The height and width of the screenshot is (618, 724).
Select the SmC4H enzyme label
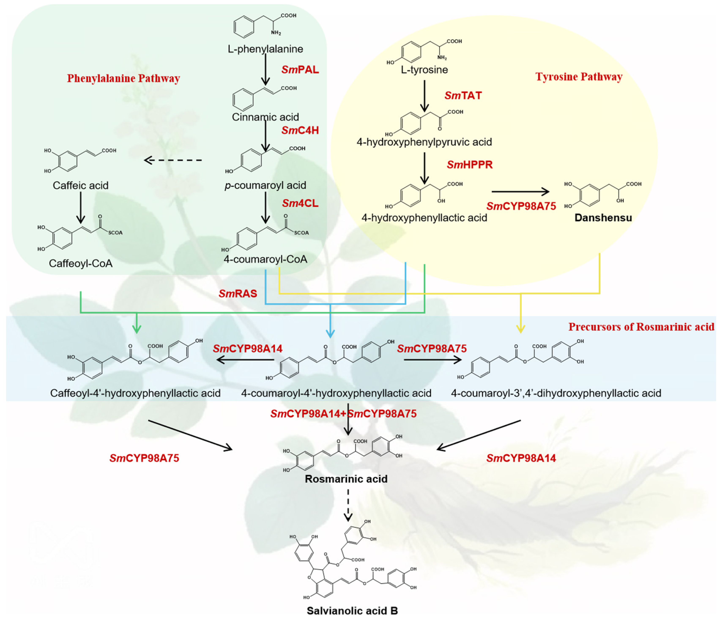point(300,130)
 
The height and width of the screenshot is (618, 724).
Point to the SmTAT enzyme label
point(463,95)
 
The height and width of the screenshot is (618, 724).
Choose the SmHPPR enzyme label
point(470,165)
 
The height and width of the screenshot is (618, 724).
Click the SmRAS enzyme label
point(238,294)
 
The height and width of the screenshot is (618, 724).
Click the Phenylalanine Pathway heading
point(123,78)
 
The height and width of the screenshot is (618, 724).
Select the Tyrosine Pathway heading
point(579,77)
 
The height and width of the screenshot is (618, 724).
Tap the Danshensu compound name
point(603,218)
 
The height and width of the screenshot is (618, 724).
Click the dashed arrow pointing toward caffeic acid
point(173,161)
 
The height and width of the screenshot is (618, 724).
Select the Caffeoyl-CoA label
point(81,263)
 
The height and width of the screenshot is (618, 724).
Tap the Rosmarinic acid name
point(346,479)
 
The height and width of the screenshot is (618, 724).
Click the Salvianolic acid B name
point(352,611)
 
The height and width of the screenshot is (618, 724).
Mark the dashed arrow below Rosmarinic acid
point(348,505)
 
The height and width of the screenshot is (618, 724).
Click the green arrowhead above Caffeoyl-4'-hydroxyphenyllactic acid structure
point(137,329)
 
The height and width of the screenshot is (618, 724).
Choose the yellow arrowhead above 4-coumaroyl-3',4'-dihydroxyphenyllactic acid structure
point(521,329)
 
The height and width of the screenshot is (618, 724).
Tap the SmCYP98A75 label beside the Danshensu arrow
point(521,206)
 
